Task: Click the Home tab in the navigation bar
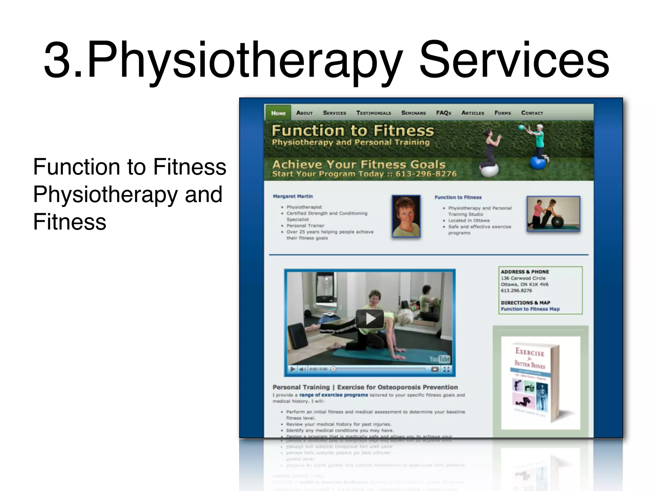[278, 113]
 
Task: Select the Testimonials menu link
[373, 113]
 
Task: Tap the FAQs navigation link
[443, 113]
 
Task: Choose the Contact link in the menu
[532, 113]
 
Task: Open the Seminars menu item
[413, 113]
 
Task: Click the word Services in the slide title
[514, 60]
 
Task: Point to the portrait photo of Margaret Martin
[406, 216]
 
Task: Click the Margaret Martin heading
[293, 196]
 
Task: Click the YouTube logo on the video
[439, 359]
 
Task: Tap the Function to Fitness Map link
[530, 309]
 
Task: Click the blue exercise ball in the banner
[538, 163]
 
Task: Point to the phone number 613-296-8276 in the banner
[426, 174]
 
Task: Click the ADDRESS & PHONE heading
[525, 272]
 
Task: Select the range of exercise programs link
[333, 395]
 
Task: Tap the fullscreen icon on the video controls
[446, 370]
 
